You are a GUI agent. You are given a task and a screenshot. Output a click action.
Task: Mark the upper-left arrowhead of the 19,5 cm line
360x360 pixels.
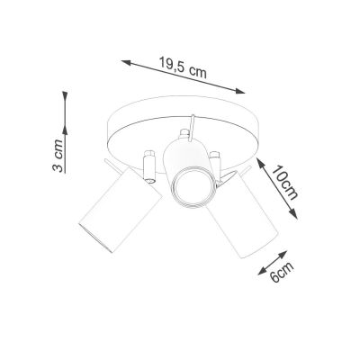[x=121, y=60]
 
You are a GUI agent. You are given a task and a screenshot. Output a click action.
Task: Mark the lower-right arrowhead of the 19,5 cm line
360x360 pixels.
[x=244, y=90]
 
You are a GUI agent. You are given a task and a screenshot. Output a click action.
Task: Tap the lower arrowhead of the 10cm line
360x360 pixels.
[x=297, y=214]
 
